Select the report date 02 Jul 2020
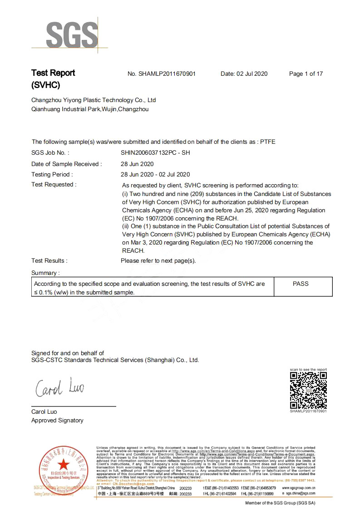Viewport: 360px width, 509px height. pos(252,74)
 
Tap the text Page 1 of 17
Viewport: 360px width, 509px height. pos(306,74)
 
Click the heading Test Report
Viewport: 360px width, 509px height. pos(53,73)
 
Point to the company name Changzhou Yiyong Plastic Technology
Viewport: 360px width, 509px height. pos(94,100)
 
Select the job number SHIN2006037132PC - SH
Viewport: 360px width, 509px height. pos(155,153)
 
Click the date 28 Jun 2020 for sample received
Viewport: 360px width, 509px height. pos(137,164)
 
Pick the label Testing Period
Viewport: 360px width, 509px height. pos(52,174)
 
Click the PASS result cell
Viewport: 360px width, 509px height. pos(301,284)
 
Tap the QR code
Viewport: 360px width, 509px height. pos(308,390)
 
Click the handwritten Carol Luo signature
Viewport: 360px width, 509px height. pos(58,388)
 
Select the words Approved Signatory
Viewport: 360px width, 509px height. pos(57,421)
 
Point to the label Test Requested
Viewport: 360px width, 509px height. pos(54,185)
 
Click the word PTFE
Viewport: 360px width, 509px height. pos(267,142)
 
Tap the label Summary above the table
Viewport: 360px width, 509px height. pos(45,273)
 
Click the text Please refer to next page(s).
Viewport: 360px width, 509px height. pos(158,260)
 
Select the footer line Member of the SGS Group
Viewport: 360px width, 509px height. pos(280,503)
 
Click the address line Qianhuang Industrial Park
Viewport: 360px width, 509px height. pos(90,109)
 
